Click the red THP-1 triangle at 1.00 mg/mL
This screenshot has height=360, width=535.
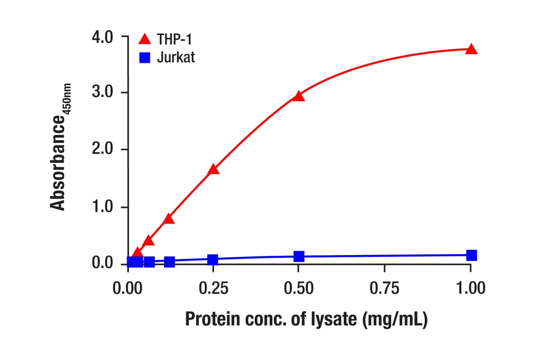471,49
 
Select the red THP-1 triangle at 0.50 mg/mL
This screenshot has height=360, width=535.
299,96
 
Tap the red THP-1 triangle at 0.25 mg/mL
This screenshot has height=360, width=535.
213,169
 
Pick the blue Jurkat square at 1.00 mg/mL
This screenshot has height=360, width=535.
471,255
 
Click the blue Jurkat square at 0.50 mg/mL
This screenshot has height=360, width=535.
299,256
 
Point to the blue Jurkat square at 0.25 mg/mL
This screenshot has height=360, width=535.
213,260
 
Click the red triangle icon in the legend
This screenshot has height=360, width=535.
145,39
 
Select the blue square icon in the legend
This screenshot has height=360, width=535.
145,58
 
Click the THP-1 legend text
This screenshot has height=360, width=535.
174,39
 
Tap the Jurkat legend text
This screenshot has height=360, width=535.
176,58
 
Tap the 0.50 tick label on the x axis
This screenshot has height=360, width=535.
299,288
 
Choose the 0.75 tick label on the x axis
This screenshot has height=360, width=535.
384,288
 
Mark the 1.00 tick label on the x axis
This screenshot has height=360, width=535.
470,288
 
